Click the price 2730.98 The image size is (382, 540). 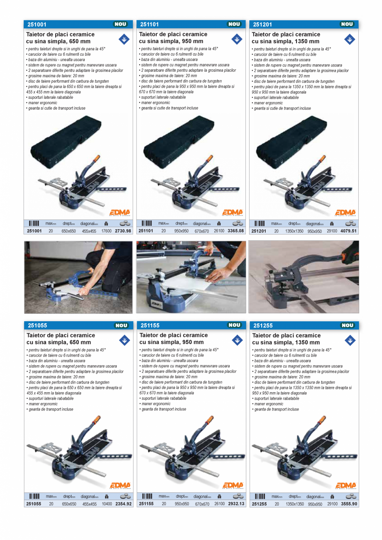coord(123,231)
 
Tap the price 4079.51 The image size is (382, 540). coord(348,231)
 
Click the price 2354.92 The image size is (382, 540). coord(123,504)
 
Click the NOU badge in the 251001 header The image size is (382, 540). coord(120,24)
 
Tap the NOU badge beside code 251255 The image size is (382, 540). coord(348,325)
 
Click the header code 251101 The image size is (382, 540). coord(149,24)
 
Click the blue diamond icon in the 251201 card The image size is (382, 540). coord(350,39)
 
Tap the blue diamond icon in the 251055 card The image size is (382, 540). coord(124,340)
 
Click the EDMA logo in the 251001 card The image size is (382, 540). coord(120,213)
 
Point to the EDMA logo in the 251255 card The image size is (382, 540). coord(345,486)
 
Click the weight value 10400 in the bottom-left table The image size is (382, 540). coord(106,504)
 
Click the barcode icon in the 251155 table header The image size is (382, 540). coord(147,496)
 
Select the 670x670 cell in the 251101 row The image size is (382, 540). coord(201,232)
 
